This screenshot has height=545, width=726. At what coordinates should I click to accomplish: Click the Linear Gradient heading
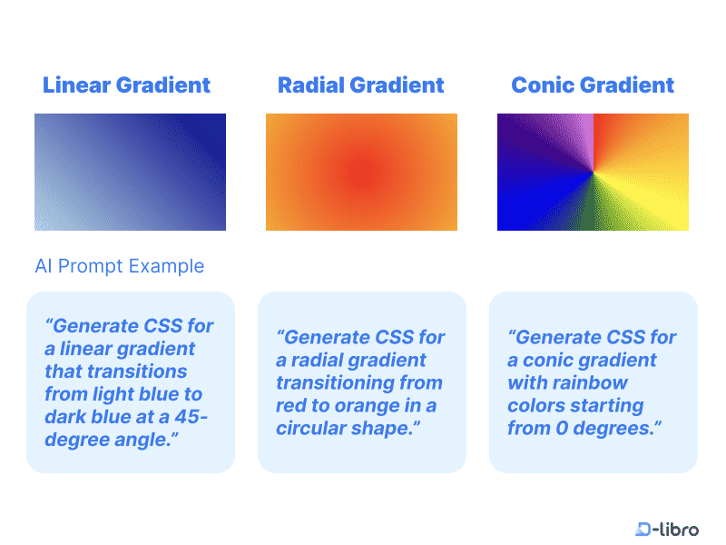126,85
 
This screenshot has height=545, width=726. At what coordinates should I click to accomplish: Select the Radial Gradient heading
360,85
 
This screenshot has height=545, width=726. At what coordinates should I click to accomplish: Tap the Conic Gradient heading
593,85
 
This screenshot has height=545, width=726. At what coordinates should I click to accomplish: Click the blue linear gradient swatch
130,172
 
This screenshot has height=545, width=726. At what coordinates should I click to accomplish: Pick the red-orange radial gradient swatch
361,172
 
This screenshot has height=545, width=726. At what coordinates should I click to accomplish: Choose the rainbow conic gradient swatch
593,172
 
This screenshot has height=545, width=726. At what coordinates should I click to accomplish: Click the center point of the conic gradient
593,171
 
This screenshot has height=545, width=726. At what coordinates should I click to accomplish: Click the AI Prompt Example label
119,266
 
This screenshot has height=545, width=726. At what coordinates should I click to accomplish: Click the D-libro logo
667,529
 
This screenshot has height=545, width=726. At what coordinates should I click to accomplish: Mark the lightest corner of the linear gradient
39,226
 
